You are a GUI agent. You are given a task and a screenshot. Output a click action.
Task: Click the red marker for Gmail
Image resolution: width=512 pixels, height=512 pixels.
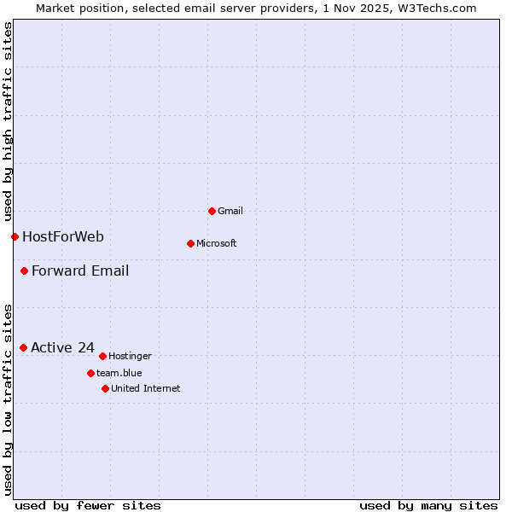212,211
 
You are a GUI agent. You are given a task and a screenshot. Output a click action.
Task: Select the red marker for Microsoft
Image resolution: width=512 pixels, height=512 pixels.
190,243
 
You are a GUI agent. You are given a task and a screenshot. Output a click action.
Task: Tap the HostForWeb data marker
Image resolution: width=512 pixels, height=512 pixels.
15,236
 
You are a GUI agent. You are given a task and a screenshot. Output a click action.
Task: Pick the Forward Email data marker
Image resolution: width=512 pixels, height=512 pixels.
24,271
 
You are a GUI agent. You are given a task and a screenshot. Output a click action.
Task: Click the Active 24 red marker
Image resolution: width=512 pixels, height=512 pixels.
23,347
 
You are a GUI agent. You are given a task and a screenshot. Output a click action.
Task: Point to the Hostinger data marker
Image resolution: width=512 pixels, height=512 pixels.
102,356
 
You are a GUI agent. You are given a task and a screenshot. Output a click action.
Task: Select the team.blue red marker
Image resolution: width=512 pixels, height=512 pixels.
90,373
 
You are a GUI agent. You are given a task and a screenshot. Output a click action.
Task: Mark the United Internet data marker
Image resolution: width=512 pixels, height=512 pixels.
105,388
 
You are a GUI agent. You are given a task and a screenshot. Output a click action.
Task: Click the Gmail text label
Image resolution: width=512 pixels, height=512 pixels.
230,211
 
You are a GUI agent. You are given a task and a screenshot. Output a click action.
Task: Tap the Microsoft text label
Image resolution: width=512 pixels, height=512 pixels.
217,243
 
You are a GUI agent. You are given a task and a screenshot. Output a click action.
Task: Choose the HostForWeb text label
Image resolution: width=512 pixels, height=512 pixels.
63,236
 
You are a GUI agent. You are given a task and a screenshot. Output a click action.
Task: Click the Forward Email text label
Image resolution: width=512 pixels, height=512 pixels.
80,271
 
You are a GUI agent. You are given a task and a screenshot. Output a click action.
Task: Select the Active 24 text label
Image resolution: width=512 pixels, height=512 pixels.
62,347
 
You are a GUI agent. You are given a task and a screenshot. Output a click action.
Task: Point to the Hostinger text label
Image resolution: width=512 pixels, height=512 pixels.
130,356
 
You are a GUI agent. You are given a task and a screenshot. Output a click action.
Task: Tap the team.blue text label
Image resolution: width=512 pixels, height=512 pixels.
119,373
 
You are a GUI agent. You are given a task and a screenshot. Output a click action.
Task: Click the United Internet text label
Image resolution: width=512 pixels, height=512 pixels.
146,388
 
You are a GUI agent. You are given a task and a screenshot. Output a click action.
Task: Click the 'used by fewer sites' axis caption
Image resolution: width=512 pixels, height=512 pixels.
88,505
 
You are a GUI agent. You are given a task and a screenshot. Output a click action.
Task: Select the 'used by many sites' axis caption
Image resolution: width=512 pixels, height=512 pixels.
428,505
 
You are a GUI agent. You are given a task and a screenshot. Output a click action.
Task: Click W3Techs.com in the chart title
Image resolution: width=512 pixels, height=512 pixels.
434,8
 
